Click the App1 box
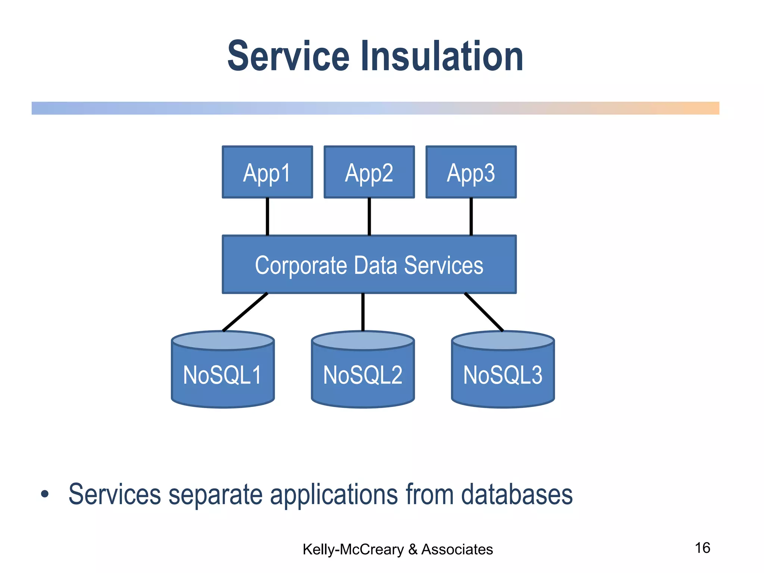coord(267,172)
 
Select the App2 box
coord(369,172)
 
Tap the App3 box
coord(471,172)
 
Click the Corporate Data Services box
coord(369,264)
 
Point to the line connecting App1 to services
coord(267,216)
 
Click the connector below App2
coord(369,216)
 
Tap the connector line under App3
coord(471,216)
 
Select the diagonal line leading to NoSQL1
coord(245,312)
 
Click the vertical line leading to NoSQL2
coord(363,312)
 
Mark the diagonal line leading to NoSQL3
coord(484,312)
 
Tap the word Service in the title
coord(288,57)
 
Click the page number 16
coord(702,548)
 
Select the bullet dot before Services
coord(45,494)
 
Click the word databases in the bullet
coord(517,494)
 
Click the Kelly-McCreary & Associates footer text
coord(397,549)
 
